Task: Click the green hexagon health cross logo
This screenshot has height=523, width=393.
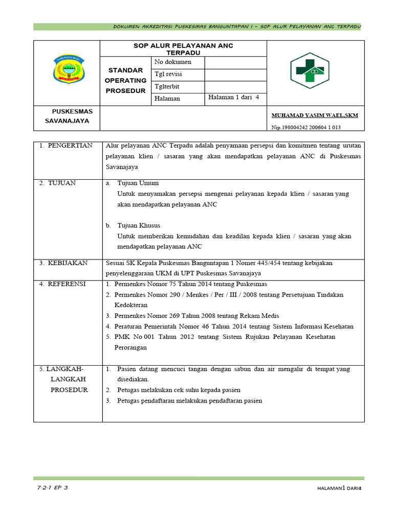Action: click(x=311, y=71)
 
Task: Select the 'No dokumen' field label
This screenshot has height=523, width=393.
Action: click(x=173, y=62)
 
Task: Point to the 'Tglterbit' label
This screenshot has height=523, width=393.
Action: click(x=167, y=86)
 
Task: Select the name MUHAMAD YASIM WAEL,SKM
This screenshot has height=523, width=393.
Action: click(x=314, y=115)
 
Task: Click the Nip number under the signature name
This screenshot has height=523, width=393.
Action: click(x=306, y=128)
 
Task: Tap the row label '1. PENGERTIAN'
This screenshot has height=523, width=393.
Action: click(x=66, y=146)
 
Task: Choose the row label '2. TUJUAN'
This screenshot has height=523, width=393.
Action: click(x=57, y=183)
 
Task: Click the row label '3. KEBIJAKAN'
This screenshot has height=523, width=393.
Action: click(x=63, y=263)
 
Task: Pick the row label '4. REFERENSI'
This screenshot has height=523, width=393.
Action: click(x=63, y=284)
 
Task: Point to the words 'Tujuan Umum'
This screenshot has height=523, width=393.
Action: click(x=138, y=183)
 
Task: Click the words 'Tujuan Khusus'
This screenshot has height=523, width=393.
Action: click(x=139, y=225)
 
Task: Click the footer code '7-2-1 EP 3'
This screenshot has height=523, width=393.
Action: click(x=52, y=488)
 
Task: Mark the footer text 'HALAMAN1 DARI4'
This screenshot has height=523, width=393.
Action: click(x=339, y=489)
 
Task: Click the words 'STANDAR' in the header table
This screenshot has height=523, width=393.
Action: click(x=125, y=71)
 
